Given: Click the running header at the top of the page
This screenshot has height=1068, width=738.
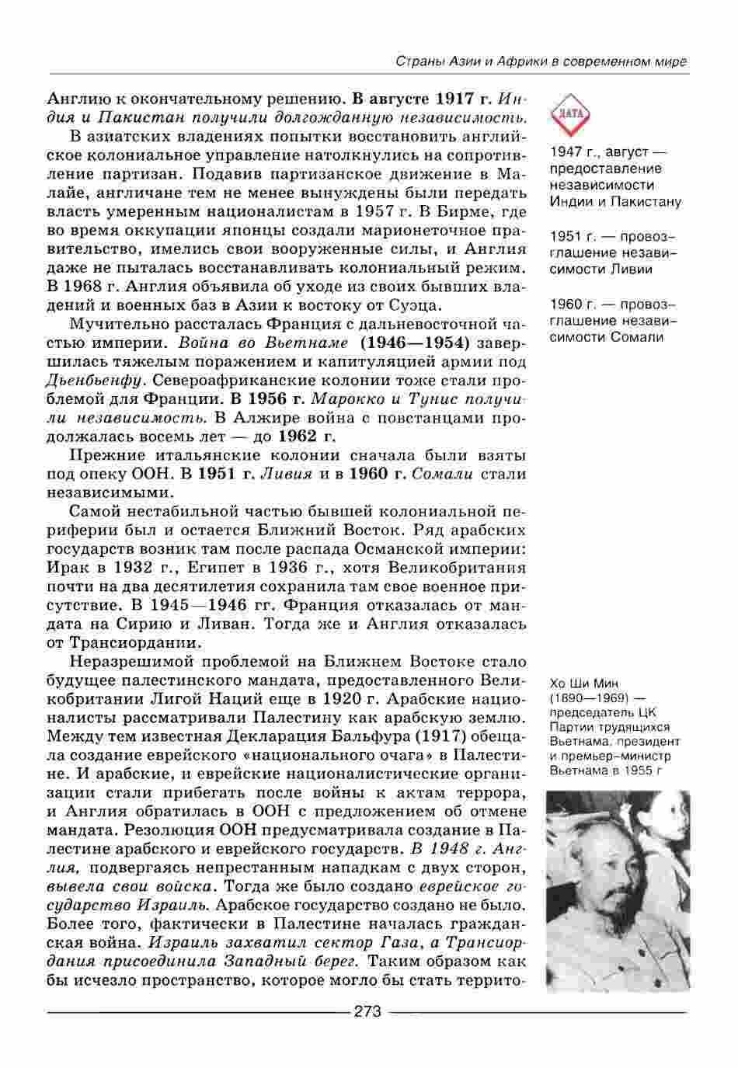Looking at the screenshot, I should (x=541, y=61).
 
